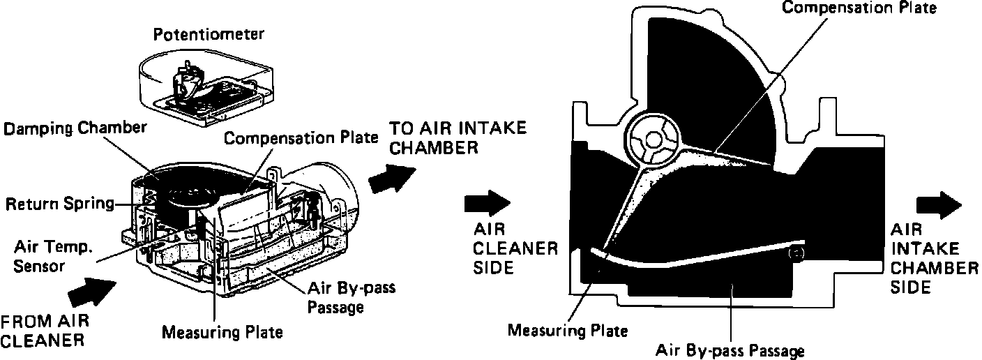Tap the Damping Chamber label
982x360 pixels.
point(75,128)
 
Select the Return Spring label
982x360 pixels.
point(59,204)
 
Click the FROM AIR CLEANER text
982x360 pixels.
point(45,331)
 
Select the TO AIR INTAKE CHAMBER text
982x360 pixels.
point(458,138)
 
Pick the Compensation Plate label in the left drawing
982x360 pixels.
point(301,137)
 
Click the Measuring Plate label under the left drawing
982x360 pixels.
point(222,331)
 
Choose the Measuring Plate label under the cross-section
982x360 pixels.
point(568,329)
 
